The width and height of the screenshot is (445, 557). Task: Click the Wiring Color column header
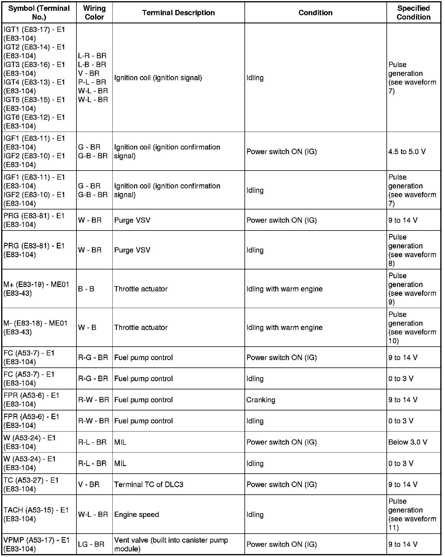pos(94,13)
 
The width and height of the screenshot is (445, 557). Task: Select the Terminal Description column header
pos(178,13)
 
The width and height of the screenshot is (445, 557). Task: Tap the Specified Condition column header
pos(413,13)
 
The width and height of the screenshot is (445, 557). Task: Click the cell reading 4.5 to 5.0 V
pos(407,152)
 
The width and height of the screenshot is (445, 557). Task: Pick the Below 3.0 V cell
pos(408,442)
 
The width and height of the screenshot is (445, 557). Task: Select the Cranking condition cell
pos(261,400)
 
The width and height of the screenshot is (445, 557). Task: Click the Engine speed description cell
pos(136,514)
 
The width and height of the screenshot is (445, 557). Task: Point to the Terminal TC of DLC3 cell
pos(148,484)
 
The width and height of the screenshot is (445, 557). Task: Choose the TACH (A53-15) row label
pos(36,514)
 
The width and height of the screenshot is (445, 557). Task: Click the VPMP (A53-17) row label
pos(36,544)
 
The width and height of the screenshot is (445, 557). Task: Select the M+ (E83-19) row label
pos(36,289)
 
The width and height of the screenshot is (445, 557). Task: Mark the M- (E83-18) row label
pos(35,327)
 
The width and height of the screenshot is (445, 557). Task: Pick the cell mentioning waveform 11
pos(412,514)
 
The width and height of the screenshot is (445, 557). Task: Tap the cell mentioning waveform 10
pos(412,327)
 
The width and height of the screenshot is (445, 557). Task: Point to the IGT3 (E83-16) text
pos(34,65)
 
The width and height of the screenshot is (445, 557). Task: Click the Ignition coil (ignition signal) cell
pos(158,78)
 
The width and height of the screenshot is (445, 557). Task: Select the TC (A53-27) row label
pos(31,484)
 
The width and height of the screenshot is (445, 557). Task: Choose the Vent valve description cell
pos(171,544)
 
